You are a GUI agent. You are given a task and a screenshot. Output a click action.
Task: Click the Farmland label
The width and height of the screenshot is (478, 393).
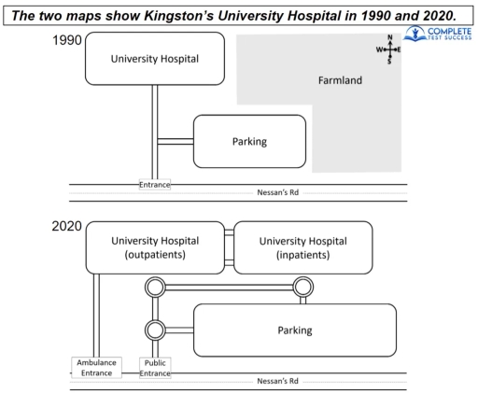[344, 80]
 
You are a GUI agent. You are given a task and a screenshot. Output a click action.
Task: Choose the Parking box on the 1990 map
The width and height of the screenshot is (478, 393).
[249, 141]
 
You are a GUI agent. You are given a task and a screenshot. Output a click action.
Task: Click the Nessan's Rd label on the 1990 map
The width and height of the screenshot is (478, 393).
[282, 194]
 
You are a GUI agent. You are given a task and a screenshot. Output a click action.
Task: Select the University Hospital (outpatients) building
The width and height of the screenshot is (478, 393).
[154, 246]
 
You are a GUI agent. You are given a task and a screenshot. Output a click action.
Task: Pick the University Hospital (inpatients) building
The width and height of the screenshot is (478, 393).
[302, 246]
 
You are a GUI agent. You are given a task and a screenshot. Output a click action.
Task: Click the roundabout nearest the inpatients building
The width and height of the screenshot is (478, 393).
[302, 287]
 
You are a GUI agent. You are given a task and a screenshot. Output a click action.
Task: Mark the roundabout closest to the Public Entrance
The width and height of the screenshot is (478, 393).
[154, 329]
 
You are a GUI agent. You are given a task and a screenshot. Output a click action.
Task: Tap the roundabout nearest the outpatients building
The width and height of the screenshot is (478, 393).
[154, 287]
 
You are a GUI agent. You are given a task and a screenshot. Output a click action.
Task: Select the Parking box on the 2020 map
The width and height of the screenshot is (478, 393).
[294, 330]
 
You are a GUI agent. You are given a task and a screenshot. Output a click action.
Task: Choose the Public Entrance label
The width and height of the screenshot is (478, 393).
[154, 367]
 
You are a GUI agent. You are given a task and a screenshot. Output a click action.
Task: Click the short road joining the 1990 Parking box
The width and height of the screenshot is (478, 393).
[175, 141]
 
